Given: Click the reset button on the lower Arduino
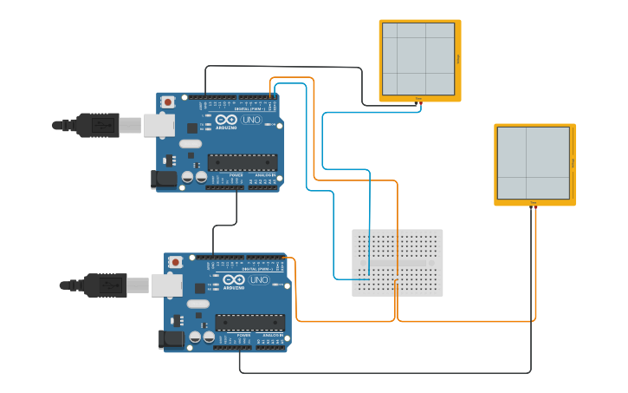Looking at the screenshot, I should [176, 262].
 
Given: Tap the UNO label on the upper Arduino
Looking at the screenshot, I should [251, 120].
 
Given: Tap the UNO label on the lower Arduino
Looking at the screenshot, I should [259, 280].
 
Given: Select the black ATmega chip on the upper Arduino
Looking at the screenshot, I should [243, 161].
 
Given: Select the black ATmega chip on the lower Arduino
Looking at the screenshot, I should [250, 322].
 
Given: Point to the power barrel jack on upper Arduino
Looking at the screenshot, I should [165, 180].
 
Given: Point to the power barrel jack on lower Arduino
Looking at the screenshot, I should [172, 340].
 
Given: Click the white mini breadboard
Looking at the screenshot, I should [397, 262].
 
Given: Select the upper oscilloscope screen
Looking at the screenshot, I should [419, 59].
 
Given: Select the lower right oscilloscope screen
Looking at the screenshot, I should [534, 163].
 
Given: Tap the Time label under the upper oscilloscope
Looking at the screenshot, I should [418, 98].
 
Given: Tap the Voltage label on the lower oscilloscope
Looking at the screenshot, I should [573, 163].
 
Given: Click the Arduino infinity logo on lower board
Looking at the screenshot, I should [234, 280].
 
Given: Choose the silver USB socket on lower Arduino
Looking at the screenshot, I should [166, 285].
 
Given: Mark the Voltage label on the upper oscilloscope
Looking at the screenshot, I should [457, 59].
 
